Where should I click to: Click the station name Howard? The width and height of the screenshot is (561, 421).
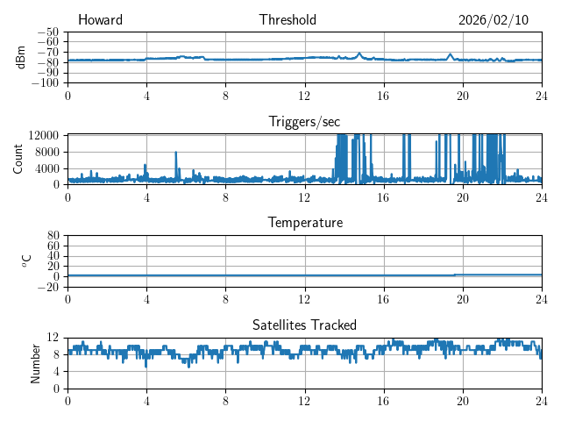click(x=100, y=20)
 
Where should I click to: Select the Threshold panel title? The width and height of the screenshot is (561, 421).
click(x=288, y=20)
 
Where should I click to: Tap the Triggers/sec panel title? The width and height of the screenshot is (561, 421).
click(x=305, y=122)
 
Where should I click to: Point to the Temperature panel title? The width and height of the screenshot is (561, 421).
click(x=305, y=223)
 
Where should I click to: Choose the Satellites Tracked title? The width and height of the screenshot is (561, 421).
click(x=305, y=325)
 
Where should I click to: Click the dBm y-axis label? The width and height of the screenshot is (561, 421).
click(x=22, y=57)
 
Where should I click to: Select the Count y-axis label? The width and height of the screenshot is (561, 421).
click(x=18, y=159)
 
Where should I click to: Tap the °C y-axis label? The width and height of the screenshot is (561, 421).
click(x=26, y=260)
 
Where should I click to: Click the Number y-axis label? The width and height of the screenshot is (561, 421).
click(x=35, y=362)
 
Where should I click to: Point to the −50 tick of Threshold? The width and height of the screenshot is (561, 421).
click(x=47, y=32)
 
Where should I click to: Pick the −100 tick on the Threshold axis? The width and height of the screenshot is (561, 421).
click(x=45, y=83)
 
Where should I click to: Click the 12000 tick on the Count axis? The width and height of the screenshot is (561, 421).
click(x=44, y=134)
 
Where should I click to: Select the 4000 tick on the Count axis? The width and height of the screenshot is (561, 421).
click(x=47, y=168)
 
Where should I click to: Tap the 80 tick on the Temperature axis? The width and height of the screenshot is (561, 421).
click(x=53, y=236)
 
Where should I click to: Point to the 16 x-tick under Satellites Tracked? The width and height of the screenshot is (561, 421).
click(x=384, y=401)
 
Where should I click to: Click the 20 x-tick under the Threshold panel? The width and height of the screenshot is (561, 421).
click(x=463, y=96)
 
